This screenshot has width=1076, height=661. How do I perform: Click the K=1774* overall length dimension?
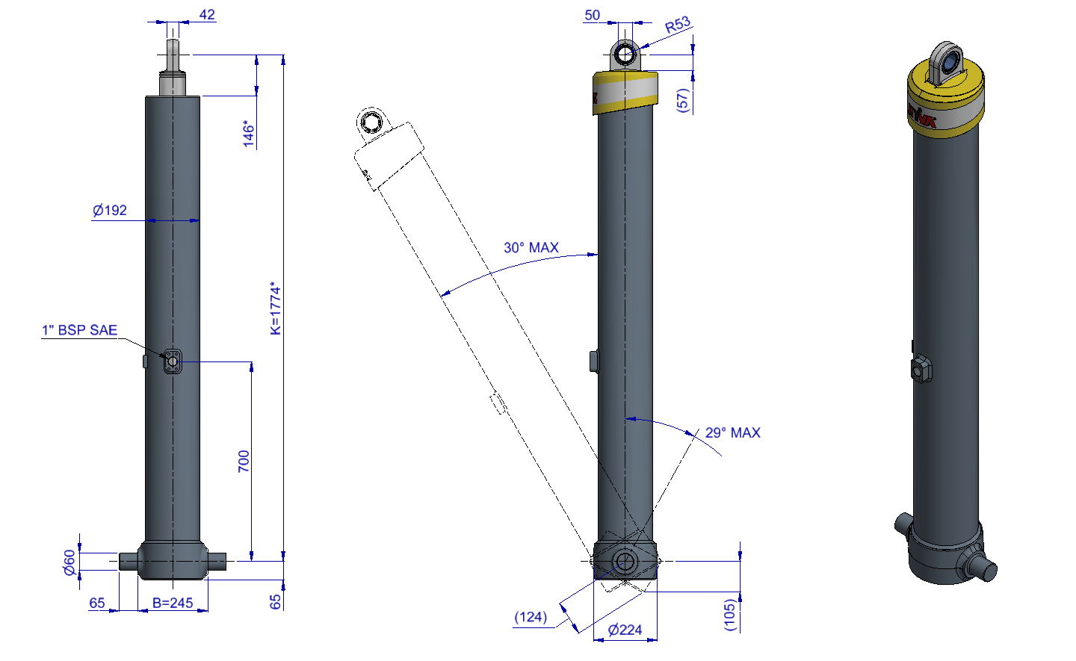point(275,308)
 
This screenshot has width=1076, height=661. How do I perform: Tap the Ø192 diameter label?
point(110,211)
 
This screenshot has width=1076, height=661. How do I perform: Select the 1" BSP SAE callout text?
point(80,330)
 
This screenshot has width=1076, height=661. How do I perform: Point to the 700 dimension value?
point(244,462)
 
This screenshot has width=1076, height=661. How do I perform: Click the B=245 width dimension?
point(173,603)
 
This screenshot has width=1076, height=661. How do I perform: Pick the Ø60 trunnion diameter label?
point(69,562)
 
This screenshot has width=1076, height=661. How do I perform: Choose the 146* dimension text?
point(248,134)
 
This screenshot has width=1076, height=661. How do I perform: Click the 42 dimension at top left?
point(207,14)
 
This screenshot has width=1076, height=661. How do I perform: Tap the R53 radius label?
point(678,25)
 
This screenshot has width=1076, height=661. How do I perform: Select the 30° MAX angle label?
point(531,248)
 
